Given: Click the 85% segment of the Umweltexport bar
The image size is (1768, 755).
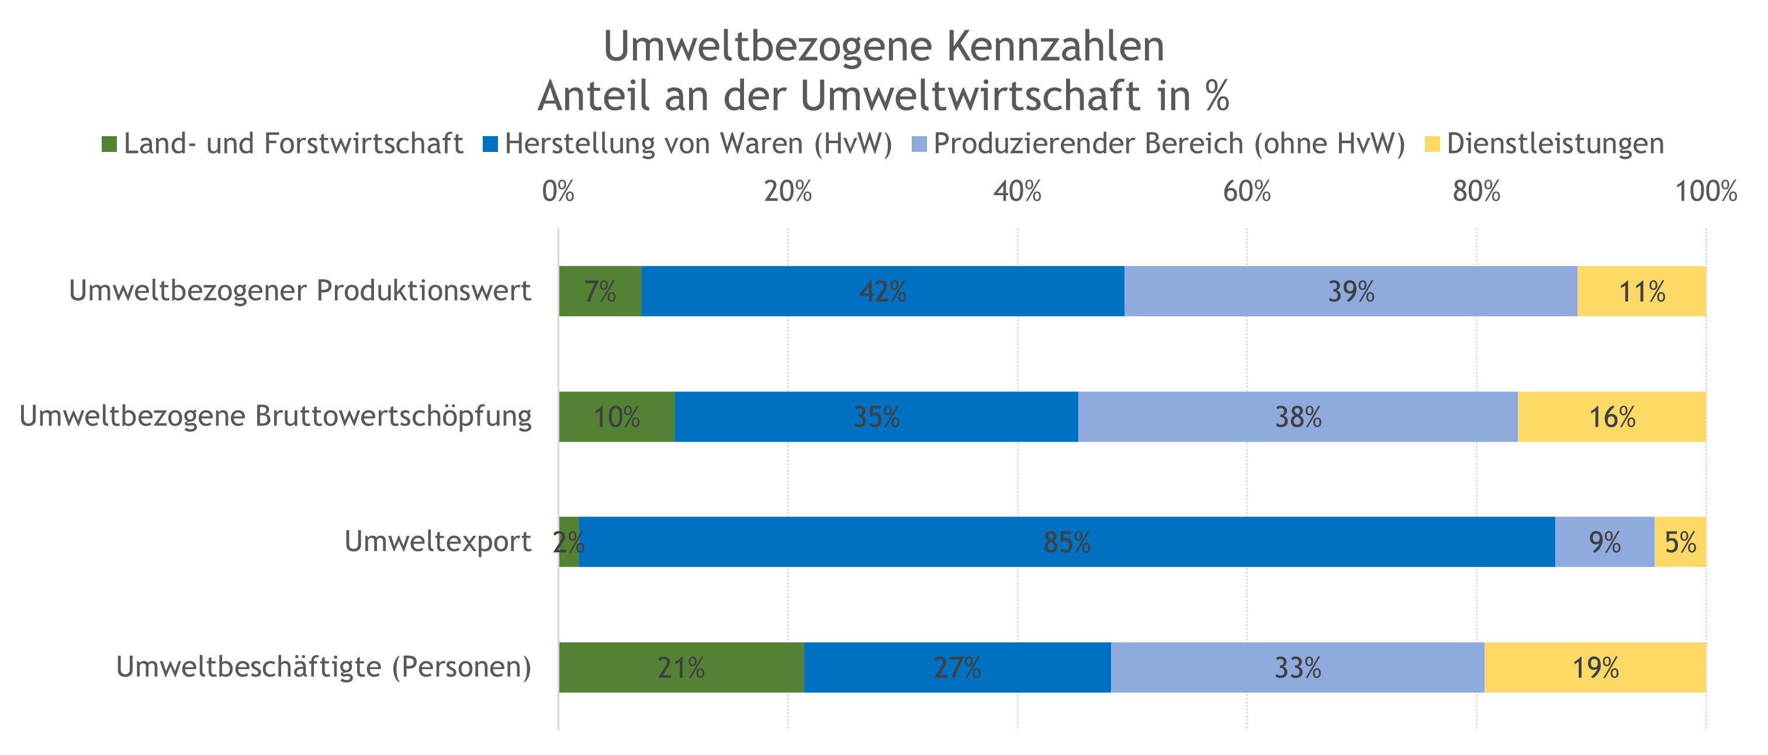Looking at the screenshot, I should click(x=1067, y=542).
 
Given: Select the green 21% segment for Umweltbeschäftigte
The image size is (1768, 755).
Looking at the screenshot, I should click(x=681, y=668).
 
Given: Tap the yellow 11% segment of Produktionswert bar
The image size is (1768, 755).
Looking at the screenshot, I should click(x=1641, y=292).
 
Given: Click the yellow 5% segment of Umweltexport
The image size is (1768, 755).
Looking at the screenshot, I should click(x=1680, y=542).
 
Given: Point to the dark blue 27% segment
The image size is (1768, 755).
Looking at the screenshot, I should click(x=957, y=668).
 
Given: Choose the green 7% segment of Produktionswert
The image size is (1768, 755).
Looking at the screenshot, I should click(x=600, y=292).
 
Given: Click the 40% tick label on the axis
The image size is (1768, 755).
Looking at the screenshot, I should click(x=1017, y=192).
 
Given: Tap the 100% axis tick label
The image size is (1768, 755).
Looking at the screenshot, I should click(x=1706, y=192).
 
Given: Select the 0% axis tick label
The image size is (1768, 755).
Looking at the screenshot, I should click(x=558, y=192).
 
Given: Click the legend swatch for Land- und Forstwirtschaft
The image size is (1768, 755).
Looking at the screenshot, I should click(x=109, y=145).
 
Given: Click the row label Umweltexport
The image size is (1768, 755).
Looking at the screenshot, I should click(x=437, y=542).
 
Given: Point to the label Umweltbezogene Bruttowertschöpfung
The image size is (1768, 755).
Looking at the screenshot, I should click(x=275, y=416).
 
